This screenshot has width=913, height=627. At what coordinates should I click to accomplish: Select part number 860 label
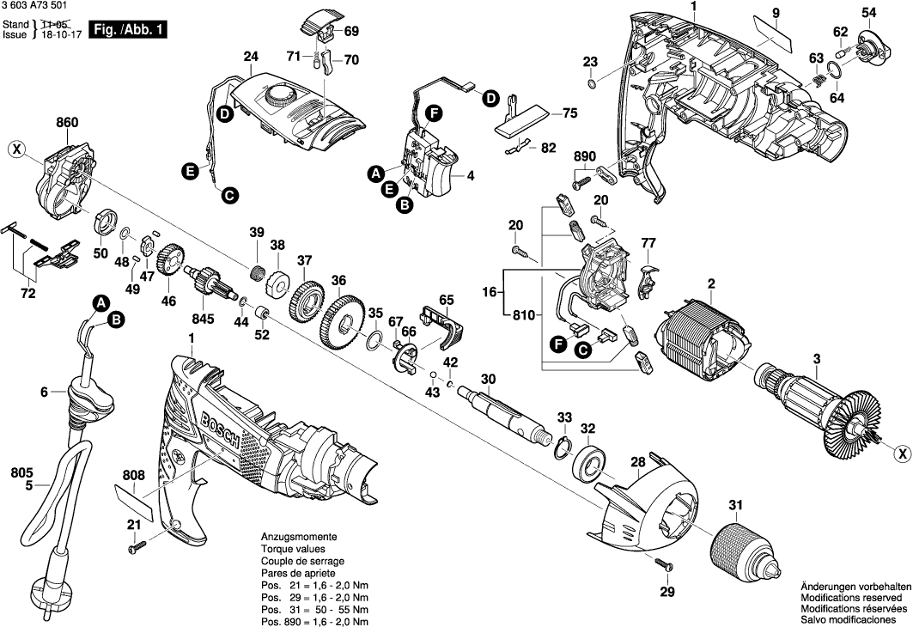67,124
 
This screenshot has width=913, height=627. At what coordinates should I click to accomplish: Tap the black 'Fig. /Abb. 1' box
128,30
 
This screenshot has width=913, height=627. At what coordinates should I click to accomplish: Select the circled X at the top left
16,149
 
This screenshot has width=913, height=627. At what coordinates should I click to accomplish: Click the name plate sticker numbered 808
134,502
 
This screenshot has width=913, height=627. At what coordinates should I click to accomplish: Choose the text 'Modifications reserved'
850,597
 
